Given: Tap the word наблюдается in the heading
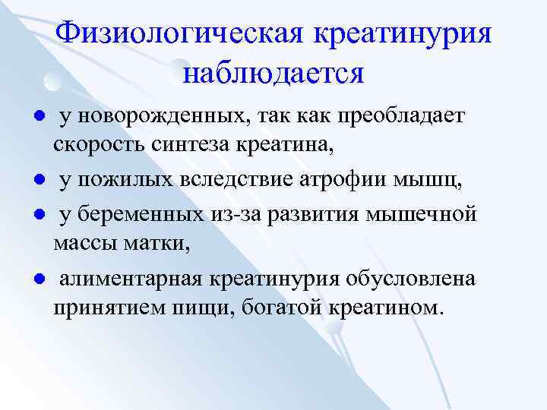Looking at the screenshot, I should [274, 73].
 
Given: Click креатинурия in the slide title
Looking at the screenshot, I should [403, 33].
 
